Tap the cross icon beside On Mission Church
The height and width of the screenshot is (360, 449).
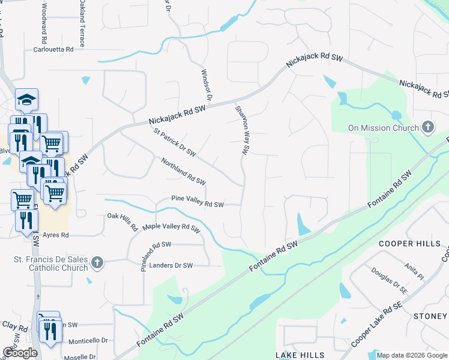coord(427,127)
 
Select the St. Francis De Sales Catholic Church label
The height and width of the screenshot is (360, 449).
coord(51,263)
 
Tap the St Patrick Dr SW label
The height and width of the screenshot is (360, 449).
coord(175,142)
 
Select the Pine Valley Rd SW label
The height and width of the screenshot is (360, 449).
coord(197,204)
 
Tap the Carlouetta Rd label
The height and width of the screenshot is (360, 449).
coord(53,50)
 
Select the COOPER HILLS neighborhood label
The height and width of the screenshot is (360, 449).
coord(413,244)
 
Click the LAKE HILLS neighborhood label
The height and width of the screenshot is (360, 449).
coord(300,355)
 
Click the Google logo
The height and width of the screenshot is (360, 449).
coord(20,353)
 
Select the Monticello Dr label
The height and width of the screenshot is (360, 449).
coord(88,341)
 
